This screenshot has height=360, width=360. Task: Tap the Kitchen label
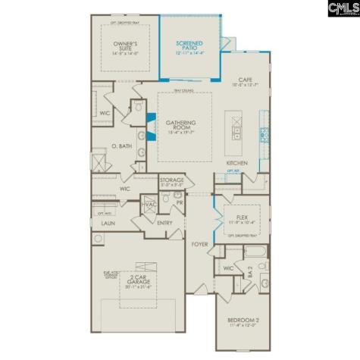pyautogui.click(x=237, y=163)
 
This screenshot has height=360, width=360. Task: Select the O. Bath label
pyautogui.click(x=123, y=145)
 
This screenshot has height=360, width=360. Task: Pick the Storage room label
pyautogui.click(x=172, y=182)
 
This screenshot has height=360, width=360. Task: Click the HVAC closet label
pyautogui.click(x=149, y=205)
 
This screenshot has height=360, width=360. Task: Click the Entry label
pyautogui.click(x=165, y=223)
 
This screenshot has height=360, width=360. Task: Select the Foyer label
pyautogui.click(x=199, y=244)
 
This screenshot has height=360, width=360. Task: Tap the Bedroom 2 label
pyautogui.click(x=244, y=321)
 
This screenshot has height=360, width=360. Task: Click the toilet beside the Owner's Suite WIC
pyautogui.click(x=137, y=107)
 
